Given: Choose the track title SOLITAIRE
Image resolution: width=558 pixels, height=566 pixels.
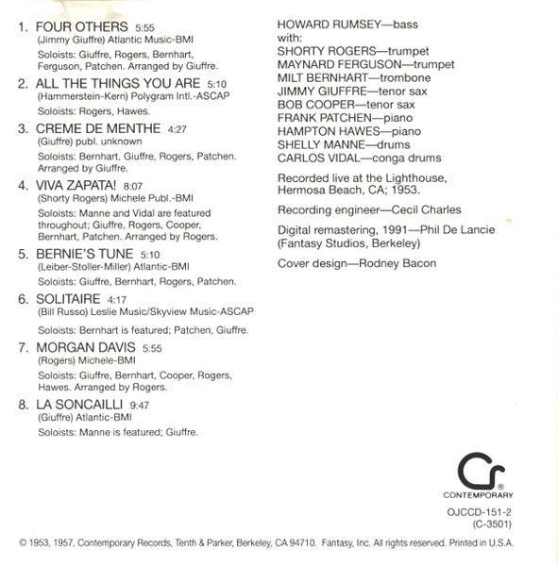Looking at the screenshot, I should tap(69, 296).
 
